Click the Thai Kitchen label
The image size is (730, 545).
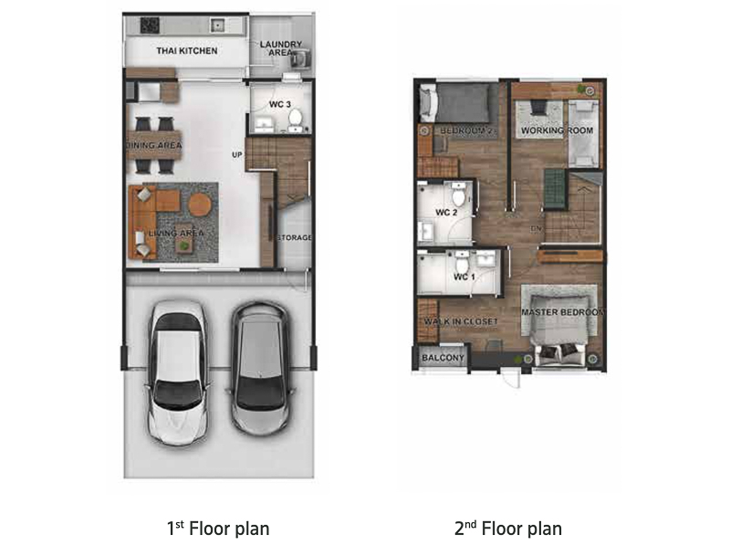point(187,51)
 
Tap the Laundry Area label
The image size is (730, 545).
point(281,48)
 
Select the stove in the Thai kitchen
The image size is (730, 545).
point(150,26)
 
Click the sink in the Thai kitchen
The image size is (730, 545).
point(217,25)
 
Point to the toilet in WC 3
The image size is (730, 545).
point(295,119)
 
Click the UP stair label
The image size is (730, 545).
point(237,154)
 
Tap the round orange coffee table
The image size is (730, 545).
point(200,204)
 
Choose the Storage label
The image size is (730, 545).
point(294,237)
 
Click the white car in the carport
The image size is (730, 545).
point(178,372)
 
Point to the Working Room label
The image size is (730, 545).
point(557,131)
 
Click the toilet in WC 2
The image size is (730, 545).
point(459,194)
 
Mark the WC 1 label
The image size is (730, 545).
point(464,278)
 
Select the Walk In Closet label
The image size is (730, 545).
point(461,321)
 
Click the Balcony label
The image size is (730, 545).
point(443,358)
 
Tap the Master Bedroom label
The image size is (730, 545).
point(563,312)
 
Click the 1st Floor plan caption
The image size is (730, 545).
point(218,529)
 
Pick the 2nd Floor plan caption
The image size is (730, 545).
point(508,529)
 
